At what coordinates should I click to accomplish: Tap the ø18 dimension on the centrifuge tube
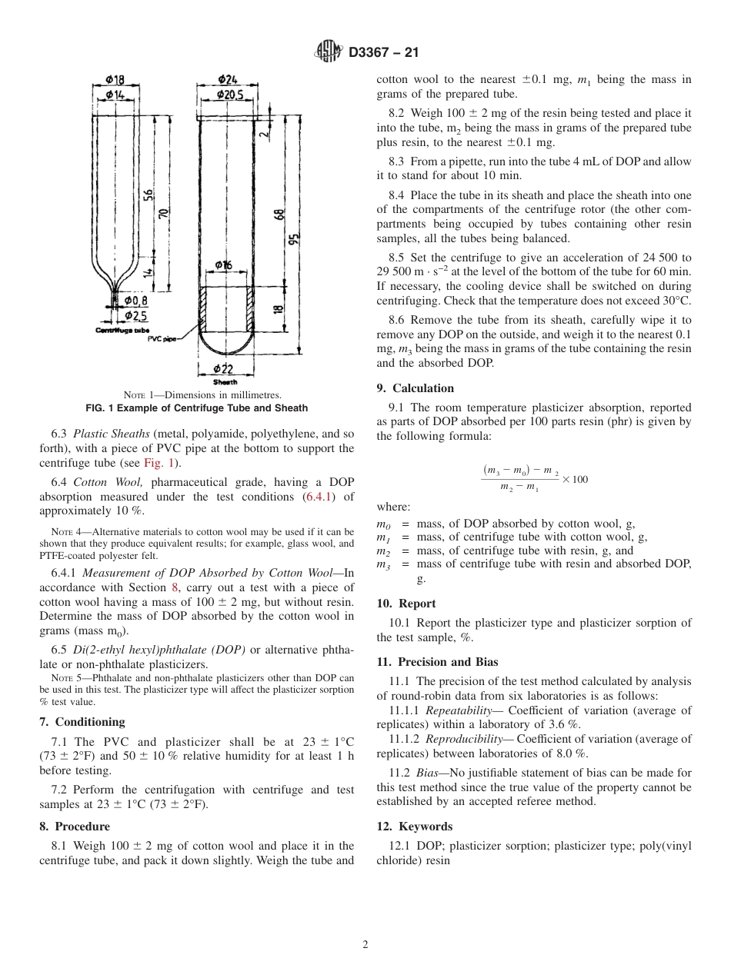[115, 79]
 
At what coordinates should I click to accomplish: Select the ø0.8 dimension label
[135, 301]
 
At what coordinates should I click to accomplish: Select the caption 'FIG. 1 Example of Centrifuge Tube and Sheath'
[196, 407]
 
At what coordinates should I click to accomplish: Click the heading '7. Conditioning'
[82, 722]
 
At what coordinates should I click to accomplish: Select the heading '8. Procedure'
[75, 827]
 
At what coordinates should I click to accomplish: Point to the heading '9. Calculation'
[415, 388]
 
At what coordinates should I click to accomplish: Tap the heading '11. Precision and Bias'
[437, 662]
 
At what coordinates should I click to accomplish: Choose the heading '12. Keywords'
[415, 827]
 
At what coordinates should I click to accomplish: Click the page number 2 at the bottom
[365, 945]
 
